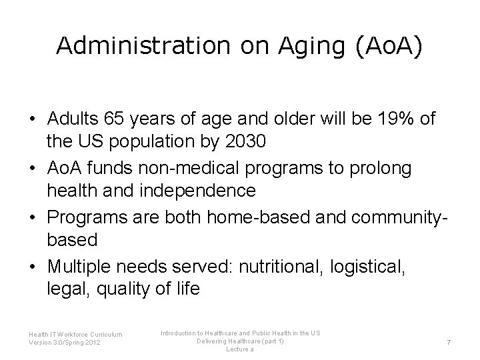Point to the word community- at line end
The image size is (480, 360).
pyautogui.click(x=395, y=215)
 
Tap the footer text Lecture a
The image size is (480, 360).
pyautogui.click(x=239, y=349)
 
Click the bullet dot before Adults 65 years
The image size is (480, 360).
pyautogui.click(x=33, y=119)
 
